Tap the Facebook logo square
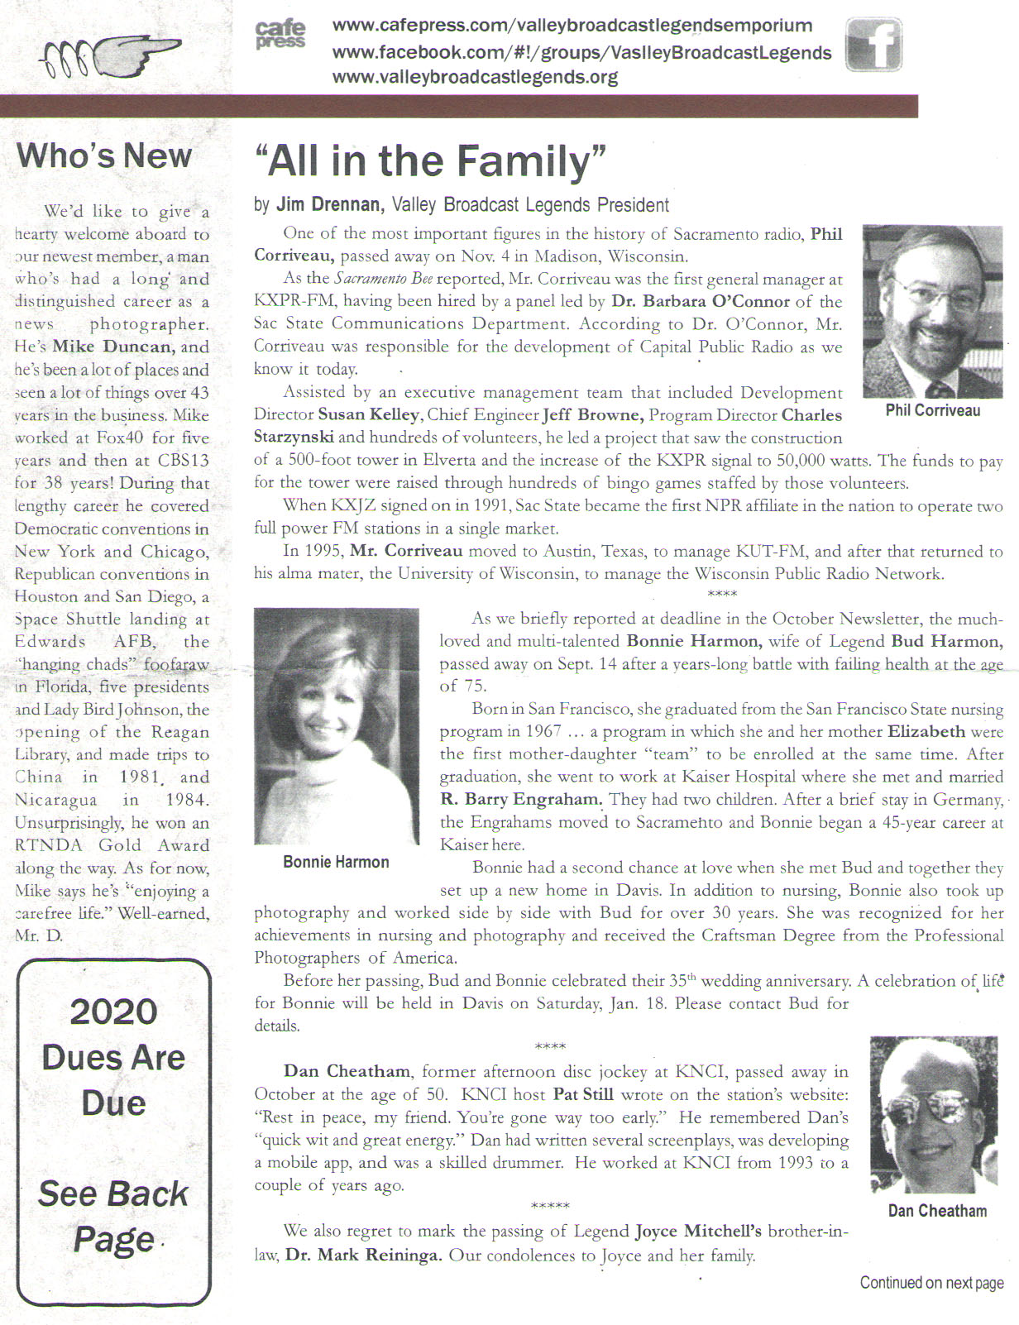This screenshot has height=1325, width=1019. (x=873, y=45)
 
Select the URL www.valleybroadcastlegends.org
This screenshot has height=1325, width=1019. (x=475, y=78)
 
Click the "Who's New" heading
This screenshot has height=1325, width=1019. (x=103, y=155)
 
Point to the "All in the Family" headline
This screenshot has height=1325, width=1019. (x=430, y=161)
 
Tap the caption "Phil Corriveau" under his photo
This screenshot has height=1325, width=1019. (x=932, y=410)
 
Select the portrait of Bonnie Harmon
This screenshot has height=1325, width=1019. (x=336, y=725)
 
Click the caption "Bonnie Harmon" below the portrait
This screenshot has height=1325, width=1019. (x=336, y=862)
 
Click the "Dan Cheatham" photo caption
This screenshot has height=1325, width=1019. (x=937, y=1211)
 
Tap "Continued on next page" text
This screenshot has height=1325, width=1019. (x=931, y=1283)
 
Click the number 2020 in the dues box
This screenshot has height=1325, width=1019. (x=113, y=1012)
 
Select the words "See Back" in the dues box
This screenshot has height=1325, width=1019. (x=113, y=1193)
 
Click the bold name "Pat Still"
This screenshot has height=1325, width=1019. (x=583, y=1095)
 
